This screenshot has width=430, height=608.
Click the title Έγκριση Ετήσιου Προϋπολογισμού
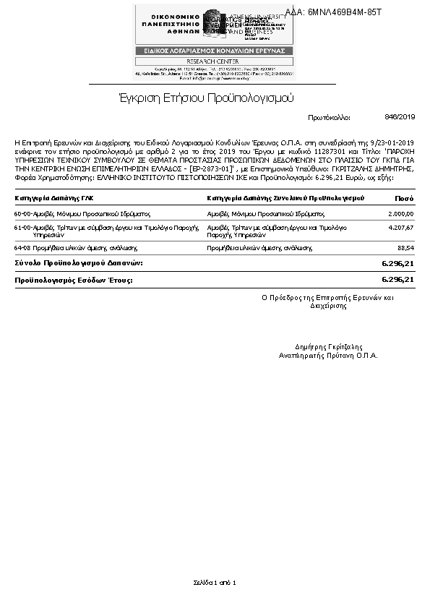click(206, 98)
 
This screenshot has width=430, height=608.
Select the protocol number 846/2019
click(400, 116)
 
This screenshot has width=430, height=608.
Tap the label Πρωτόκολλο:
click(329, 117)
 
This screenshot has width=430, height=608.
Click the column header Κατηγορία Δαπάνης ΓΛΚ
click(54, 198)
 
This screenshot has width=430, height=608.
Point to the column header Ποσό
click(404, 198)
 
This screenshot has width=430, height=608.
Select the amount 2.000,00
click(400, 214)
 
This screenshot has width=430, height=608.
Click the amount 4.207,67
click(400, 228)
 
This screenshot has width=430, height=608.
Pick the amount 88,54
click(405, 247)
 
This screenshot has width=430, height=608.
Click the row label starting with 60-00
click(82, 214)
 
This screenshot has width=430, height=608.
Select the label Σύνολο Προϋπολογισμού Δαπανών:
click(79, 262)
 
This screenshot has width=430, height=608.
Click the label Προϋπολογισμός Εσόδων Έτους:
click(74, 279)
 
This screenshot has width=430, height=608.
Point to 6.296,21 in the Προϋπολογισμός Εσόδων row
click(397, 279)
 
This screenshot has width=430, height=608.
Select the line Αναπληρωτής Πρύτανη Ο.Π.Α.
click(329, 356)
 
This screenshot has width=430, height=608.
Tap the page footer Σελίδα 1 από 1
click(215, 581)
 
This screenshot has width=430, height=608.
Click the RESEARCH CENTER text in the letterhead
click(215, 61)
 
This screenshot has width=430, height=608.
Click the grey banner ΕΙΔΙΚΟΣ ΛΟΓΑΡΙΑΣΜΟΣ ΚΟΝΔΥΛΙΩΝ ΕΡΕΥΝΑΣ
click(215, 51)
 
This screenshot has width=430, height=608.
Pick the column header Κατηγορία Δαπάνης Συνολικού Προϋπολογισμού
click(285, 198)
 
